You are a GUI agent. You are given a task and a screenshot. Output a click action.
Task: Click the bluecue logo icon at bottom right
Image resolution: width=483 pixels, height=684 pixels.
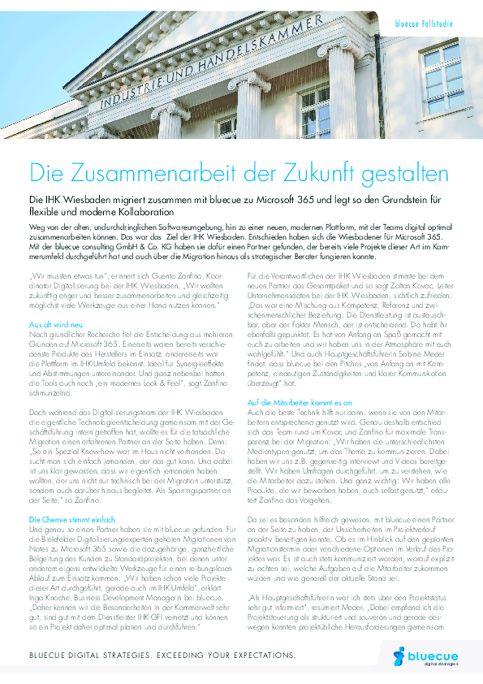398,655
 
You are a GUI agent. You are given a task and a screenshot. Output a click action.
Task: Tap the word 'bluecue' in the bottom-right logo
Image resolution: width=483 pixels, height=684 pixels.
429,655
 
